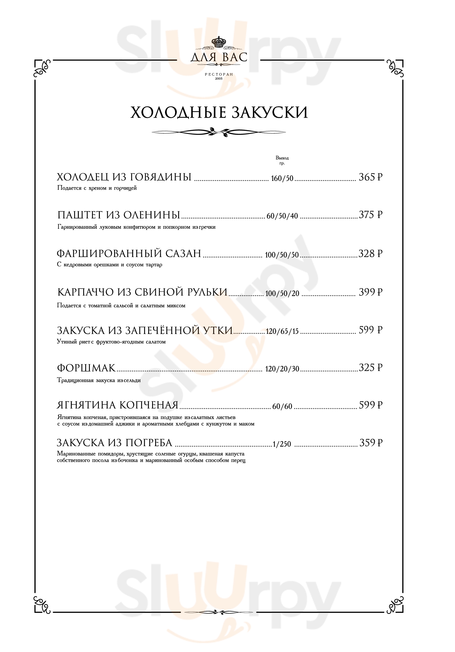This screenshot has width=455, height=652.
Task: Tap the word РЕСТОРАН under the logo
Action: pos(219,74)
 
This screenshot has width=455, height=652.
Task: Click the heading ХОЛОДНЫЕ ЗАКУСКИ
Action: pos(219,113)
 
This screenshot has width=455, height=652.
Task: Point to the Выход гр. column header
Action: pos(282,160)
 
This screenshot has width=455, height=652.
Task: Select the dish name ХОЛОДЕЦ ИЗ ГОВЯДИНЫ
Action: pos(124,177)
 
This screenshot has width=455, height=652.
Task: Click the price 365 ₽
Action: pos(370,177)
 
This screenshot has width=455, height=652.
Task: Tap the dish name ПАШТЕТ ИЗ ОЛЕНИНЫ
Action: pos(119,215)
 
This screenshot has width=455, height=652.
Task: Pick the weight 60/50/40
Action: pos(282,216)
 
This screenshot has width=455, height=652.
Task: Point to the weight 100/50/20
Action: pos(282,294)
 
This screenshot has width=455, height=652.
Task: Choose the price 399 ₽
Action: pos(370,292)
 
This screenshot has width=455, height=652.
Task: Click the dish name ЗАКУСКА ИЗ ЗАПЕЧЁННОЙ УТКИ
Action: pos(145,330)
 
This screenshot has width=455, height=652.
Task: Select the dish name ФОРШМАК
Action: pos(86,368)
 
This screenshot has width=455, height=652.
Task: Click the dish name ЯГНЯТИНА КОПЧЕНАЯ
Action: pos(117,405)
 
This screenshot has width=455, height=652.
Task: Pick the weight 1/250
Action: pos(282,444)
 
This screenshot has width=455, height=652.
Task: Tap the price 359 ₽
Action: pos(371,443)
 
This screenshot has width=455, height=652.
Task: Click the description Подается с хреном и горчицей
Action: pos(97,188)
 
